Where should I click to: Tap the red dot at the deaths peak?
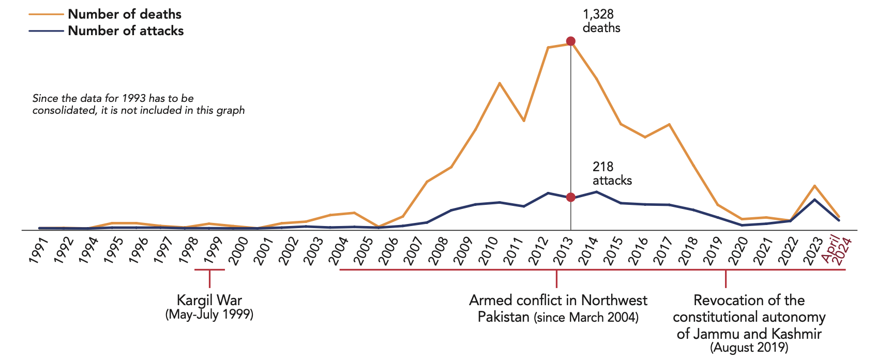pyautogui.click(x=570, y=41)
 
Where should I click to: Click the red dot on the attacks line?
pyautogui.click(x=570, y=197)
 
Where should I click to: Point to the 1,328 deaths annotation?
pyautogui.click(x=601, y=21)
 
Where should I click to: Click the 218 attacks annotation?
pyautogui.click(x=612, y=174)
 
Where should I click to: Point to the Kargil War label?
pyautogui.click(x=209, y=301)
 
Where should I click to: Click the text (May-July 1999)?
pyautogui.click(x=209, y=314)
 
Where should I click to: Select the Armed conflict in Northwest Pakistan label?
pyautogui.click(x=557, y=308)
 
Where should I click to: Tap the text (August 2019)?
pyautogui.click(x=749, y=348)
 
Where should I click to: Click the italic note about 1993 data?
pyautogui.click(x=138, y=104)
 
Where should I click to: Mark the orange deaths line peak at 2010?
pyautogui.click(x=499, y=83)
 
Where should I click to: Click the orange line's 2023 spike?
pyautogui.click(x=814, y=186)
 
